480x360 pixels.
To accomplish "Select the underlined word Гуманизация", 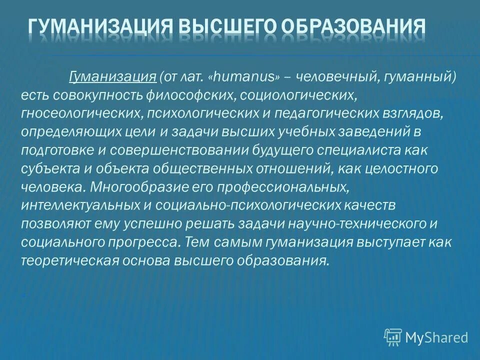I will coord(112,76).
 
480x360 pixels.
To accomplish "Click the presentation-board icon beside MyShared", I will coord(393,337).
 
